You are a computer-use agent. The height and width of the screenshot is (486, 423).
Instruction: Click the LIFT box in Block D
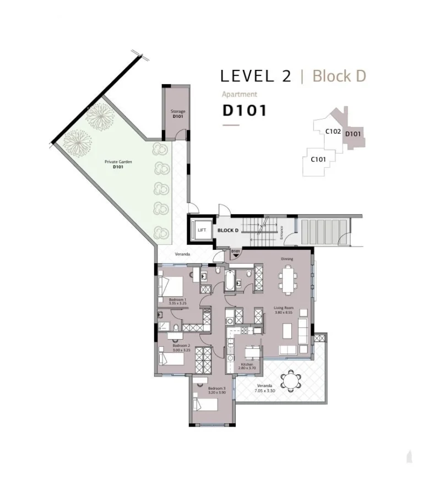[x=201, y=230]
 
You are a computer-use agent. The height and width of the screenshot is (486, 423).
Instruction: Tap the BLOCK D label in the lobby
[x=227, y=230]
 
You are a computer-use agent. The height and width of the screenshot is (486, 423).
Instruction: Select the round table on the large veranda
[x=290, y=380]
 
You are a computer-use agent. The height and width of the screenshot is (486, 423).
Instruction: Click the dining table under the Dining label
[x=288, y=278]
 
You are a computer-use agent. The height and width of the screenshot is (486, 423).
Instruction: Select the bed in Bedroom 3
[x=206, y=404]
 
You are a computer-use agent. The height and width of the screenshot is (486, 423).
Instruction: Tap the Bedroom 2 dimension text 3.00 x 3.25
[x=181, y=350]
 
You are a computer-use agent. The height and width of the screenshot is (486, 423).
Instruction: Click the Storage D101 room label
[x=177, y=114]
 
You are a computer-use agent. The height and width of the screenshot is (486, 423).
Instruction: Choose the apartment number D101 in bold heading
[x=245, y=110]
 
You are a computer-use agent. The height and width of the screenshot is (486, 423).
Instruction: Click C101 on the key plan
[x=318, y=160]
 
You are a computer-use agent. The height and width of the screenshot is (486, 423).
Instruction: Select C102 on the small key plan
[x=333, y=132]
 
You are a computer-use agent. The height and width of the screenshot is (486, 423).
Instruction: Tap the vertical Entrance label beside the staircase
[x=281, y=233]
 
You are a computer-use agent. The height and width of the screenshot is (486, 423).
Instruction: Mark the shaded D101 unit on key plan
[x=353, y=134]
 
